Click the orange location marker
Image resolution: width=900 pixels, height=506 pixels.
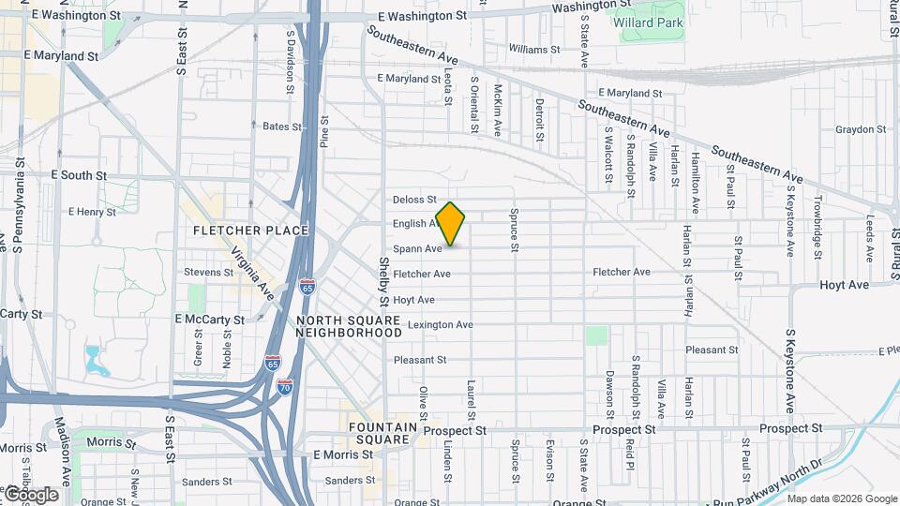point(451,223)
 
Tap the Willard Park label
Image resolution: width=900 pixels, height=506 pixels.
point(647,22)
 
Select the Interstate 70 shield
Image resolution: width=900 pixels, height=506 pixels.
point(285,385)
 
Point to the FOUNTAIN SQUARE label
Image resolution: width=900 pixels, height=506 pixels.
point(381,433)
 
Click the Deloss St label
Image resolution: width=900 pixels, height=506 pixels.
point(414,199)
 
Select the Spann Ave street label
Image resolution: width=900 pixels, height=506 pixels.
point(417,249)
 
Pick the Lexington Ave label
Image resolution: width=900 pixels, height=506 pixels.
point(440,325)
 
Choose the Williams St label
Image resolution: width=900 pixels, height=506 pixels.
point(534,49)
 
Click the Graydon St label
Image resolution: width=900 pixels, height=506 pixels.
point(854,129)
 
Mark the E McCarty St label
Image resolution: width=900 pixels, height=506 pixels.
point(209,320)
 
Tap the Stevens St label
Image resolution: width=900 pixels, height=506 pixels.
point(208,272)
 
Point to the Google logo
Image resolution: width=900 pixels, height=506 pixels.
point(32,495)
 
